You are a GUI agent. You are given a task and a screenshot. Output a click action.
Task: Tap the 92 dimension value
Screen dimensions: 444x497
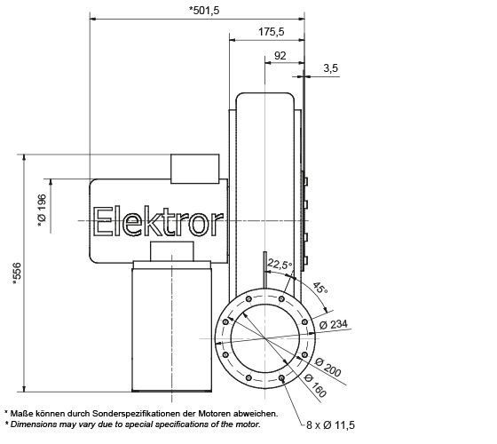280,54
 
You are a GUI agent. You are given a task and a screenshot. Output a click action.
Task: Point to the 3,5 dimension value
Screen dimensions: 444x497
330,67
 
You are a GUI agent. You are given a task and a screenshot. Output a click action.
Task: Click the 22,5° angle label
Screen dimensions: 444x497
281,263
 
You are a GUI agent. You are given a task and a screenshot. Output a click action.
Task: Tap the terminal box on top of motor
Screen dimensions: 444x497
194,166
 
